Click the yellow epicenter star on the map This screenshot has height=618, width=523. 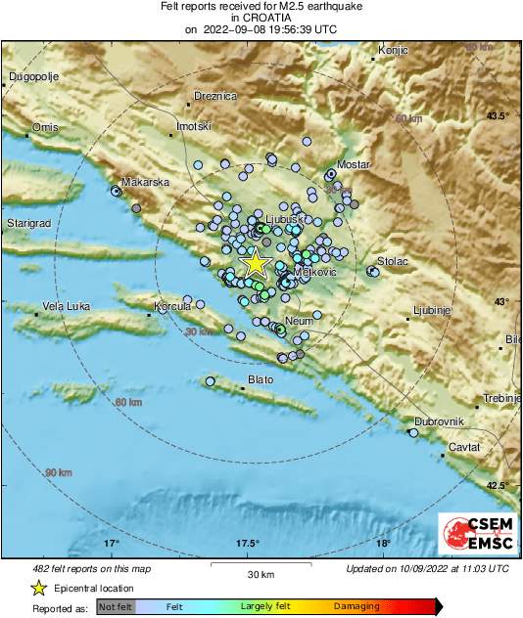click(256, 263)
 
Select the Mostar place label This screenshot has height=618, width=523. click(353, 164)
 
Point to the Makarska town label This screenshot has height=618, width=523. click(146, 182)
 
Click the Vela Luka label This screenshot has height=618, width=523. click(67, 306)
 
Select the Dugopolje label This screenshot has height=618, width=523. click(35, 76)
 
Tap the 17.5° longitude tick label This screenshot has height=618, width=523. click(246, 544)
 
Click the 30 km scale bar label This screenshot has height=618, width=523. click(260, 573)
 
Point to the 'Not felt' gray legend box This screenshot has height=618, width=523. click(115, 607)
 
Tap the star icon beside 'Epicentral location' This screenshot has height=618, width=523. click(38, 589)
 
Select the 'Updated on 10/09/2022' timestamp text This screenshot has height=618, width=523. click(427, 568)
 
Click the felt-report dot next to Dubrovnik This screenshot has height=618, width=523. click(413, 432)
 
